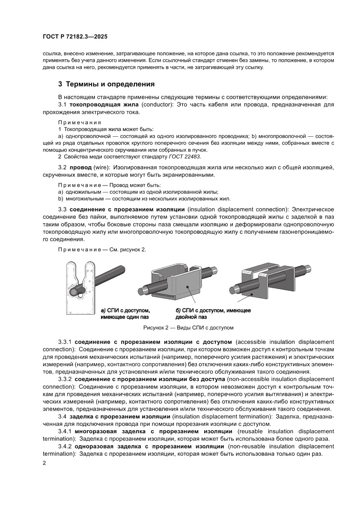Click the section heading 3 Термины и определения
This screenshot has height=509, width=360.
(107, 84)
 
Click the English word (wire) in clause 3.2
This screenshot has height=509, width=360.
(101, 167)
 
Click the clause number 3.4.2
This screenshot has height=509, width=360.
(65, 446)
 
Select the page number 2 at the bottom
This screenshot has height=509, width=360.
(44, 463)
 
